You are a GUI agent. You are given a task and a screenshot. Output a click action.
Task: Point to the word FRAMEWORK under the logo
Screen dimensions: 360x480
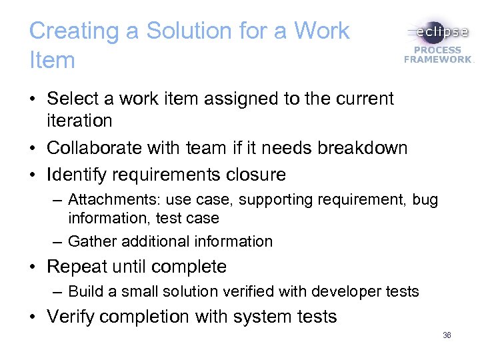click(437, 59)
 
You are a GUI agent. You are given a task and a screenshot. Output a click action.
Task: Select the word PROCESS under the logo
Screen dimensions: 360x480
click(437, 50)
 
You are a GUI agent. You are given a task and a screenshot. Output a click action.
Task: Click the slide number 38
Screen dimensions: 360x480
click(447, 335)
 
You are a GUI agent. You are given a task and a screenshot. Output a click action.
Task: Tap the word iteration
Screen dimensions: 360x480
click(79, 121)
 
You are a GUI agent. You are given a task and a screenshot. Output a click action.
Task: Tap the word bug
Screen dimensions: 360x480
click(425, 200)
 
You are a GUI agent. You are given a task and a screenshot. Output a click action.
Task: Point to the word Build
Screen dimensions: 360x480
click(83, 291)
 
